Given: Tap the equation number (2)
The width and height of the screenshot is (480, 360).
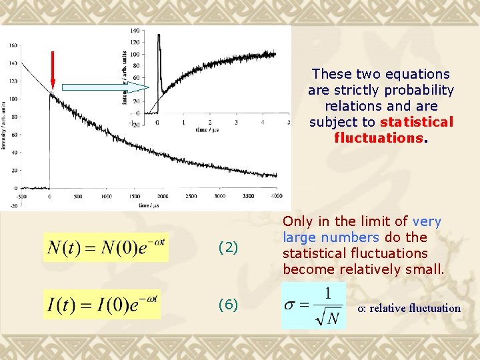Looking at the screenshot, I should pos(228,248).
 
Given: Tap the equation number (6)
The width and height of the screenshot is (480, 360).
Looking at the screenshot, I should pos(228,305).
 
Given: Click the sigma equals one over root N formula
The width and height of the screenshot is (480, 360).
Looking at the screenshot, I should pos(315,305).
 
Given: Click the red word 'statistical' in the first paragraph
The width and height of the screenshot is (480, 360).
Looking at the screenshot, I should pos(416,122).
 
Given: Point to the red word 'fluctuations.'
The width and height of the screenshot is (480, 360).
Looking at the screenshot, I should pos(381,138).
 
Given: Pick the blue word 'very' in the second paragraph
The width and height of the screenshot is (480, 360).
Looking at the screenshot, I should pos(427,221).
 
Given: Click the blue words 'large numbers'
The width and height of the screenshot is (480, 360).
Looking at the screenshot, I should pos(331,237).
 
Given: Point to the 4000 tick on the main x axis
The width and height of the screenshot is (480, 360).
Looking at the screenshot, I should pos(277,197).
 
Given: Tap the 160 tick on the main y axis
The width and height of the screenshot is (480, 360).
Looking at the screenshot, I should pos(14,45).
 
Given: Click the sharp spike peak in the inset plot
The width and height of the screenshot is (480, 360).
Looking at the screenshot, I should pos(159,36).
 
